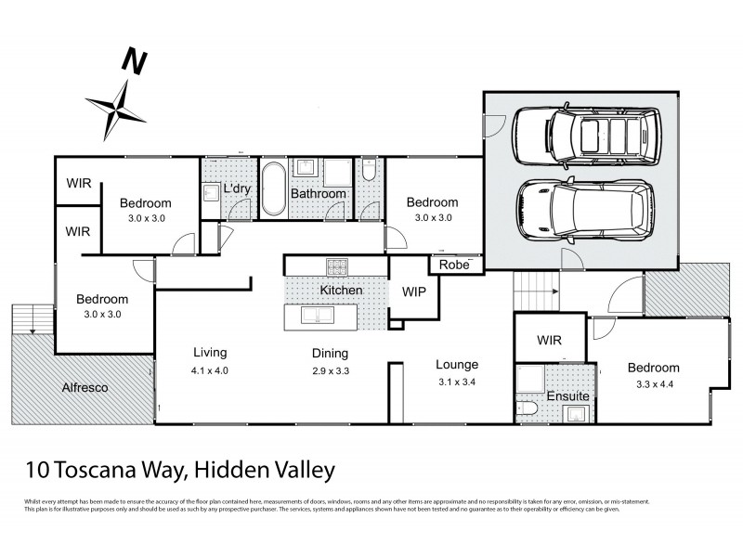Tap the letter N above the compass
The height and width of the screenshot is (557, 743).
[136, 62]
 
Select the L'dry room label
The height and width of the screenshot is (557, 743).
[239, 190]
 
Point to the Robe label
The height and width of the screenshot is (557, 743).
[454, 265]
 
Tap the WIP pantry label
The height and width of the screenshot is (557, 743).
[413, 291]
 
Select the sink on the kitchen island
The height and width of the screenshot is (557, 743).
[321, 316]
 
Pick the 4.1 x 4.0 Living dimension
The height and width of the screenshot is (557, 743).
[210, 369]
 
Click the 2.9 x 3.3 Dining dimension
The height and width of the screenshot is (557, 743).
[330, 370]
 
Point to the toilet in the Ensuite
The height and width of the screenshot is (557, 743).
[528, 408]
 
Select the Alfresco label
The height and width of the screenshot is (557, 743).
[86, 387]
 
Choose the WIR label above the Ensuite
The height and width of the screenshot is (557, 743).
[549, 341]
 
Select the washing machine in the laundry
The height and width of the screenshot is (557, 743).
[211, 193]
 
